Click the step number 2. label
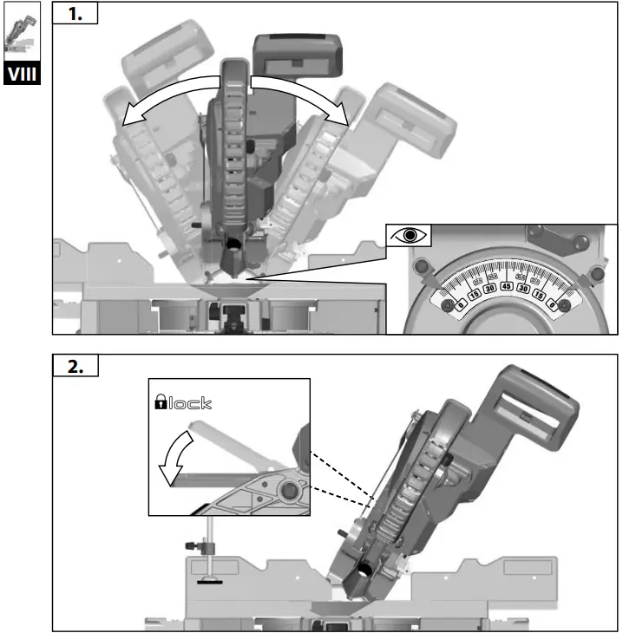pos(75,366)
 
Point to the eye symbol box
pos(410,237)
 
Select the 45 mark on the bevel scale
pos(506,286)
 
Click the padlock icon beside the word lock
pos(161,402)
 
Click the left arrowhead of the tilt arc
pos(127,121)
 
